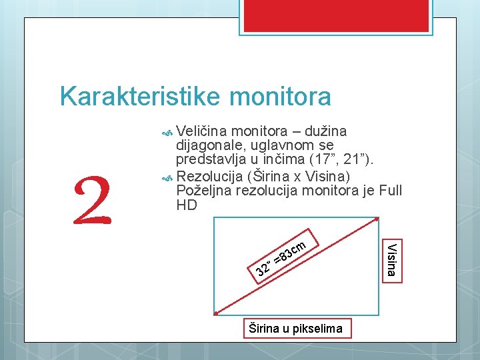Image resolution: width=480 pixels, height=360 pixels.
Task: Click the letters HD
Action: coord(187,206)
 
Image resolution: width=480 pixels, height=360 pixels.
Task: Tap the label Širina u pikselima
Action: coord(295,327)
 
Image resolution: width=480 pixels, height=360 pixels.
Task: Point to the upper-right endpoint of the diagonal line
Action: coord(377,219)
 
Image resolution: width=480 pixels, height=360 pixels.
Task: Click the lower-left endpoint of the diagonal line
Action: coord(215,312)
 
